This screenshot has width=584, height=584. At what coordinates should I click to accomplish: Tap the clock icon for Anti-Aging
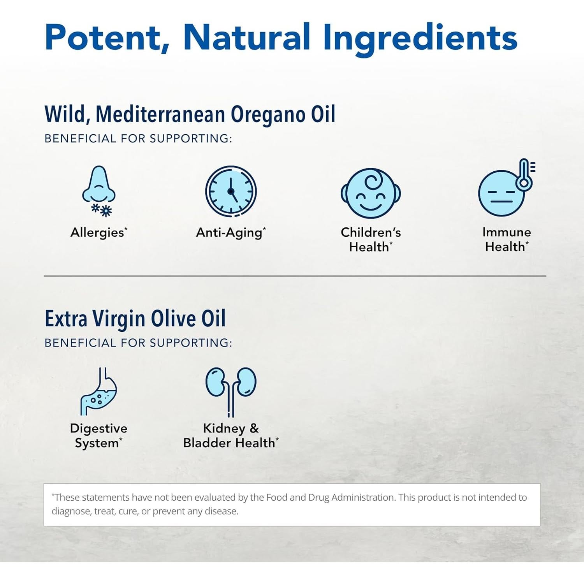pyautogui.click(x=231, y=191)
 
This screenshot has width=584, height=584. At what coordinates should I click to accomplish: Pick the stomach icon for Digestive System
pyautogui.click(x=99, y=391)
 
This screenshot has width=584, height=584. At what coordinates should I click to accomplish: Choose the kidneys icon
pyautogui.click(x=231, y=389)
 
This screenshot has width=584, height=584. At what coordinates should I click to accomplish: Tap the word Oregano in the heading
pyautogui.click(x=268, y=115)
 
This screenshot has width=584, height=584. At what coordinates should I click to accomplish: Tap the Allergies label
pyautogui.click(x=97, y=232)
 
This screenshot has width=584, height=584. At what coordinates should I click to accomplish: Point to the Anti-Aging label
pyautogui.click(x=229, y=233)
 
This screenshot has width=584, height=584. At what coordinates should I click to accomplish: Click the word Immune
pyautogui.click(x=507, y=232)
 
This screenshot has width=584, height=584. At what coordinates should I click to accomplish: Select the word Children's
pyautogui.click(x=371, y=232)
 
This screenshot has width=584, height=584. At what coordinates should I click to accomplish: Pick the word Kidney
pyautogui.click(x=224, y=429)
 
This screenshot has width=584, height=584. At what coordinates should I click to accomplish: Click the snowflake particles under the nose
pyautogui.click(x=102, y=210)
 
